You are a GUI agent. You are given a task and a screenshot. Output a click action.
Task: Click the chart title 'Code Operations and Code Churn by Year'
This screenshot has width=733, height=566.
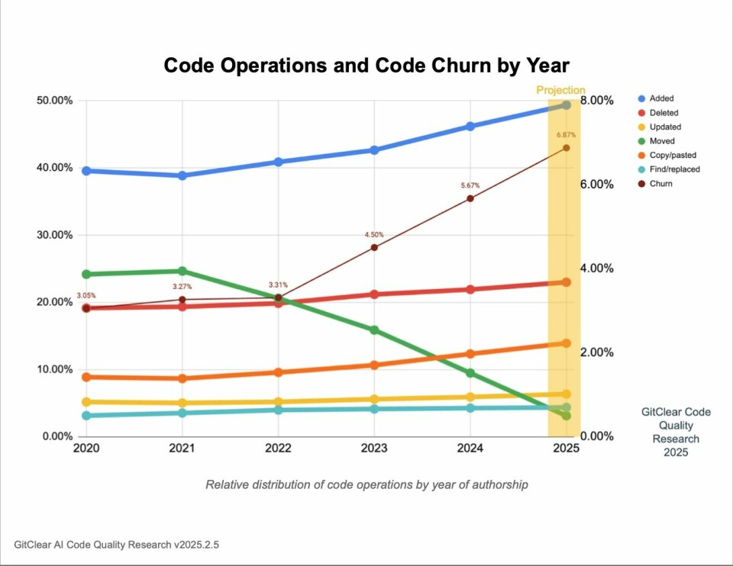[x=366, y=66]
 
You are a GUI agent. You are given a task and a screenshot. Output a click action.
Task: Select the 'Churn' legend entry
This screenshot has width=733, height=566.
[x=662, y=184]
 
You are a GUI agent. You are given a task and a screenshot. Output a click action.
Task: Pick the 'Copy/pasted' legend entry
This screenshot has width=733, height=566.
[x=673, y=155]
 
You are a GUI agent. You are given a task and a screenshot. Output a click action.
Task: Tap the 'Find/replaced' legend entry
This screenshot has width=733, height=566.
[x=676, y=169]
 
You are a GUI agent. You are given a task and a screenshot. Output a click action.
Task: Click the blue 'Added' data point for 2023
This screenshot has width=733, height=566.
[x=374, y=150]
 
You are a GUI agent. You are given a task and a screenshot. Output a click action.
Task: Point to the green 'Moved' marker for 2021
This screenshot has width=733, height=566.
[x=182, y=271]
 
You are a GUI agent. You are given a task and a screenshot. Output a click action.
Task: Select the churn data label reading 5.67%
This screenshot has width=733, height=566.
[x=470, y=185]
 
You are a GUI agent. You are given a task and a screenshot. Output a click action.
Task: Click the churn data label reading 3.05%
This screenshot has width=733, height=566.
[x=86, y=295]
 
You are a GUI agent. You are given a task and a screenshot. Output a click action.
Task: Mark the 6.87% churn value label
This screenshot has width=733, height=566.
[x=566, y=136]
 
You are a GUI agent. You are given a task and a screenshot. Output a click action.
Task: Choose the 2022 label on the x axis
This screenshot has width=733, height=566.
[x=278, y=449]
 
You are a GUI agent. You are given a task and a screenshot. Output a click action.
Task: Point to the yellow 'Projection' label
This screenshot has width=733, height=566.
[x=560, y=90]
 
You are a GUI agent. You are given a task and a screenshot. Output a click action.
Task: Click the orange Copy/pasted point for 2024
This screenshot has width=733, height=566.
[x=470, y=354]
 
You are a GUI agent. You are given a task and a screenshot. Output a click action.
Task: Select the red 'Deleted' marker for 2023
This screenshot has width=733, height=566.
[x=374, y=294]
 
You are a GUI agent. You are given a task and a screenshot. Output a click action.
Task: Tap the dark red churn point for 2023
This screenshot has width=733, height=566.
[x=374, y=247]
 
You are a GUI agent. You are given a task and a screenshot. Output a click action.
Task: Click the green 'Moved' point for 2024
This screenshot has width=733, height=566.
[x=470, y=373]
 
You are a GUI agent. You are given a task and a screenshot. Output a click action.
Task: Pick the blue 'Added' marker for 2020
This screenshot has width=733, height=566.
[x=86, y=171]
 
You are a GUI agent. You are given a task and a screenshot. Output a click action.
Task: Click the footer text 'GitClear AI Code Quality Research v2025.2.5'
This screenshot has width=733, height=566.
[x=121, y=545]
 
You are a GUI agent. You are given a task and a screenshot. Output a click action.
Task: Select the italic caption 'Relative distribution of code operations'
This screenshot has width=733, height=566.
[x=366, y=484]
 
